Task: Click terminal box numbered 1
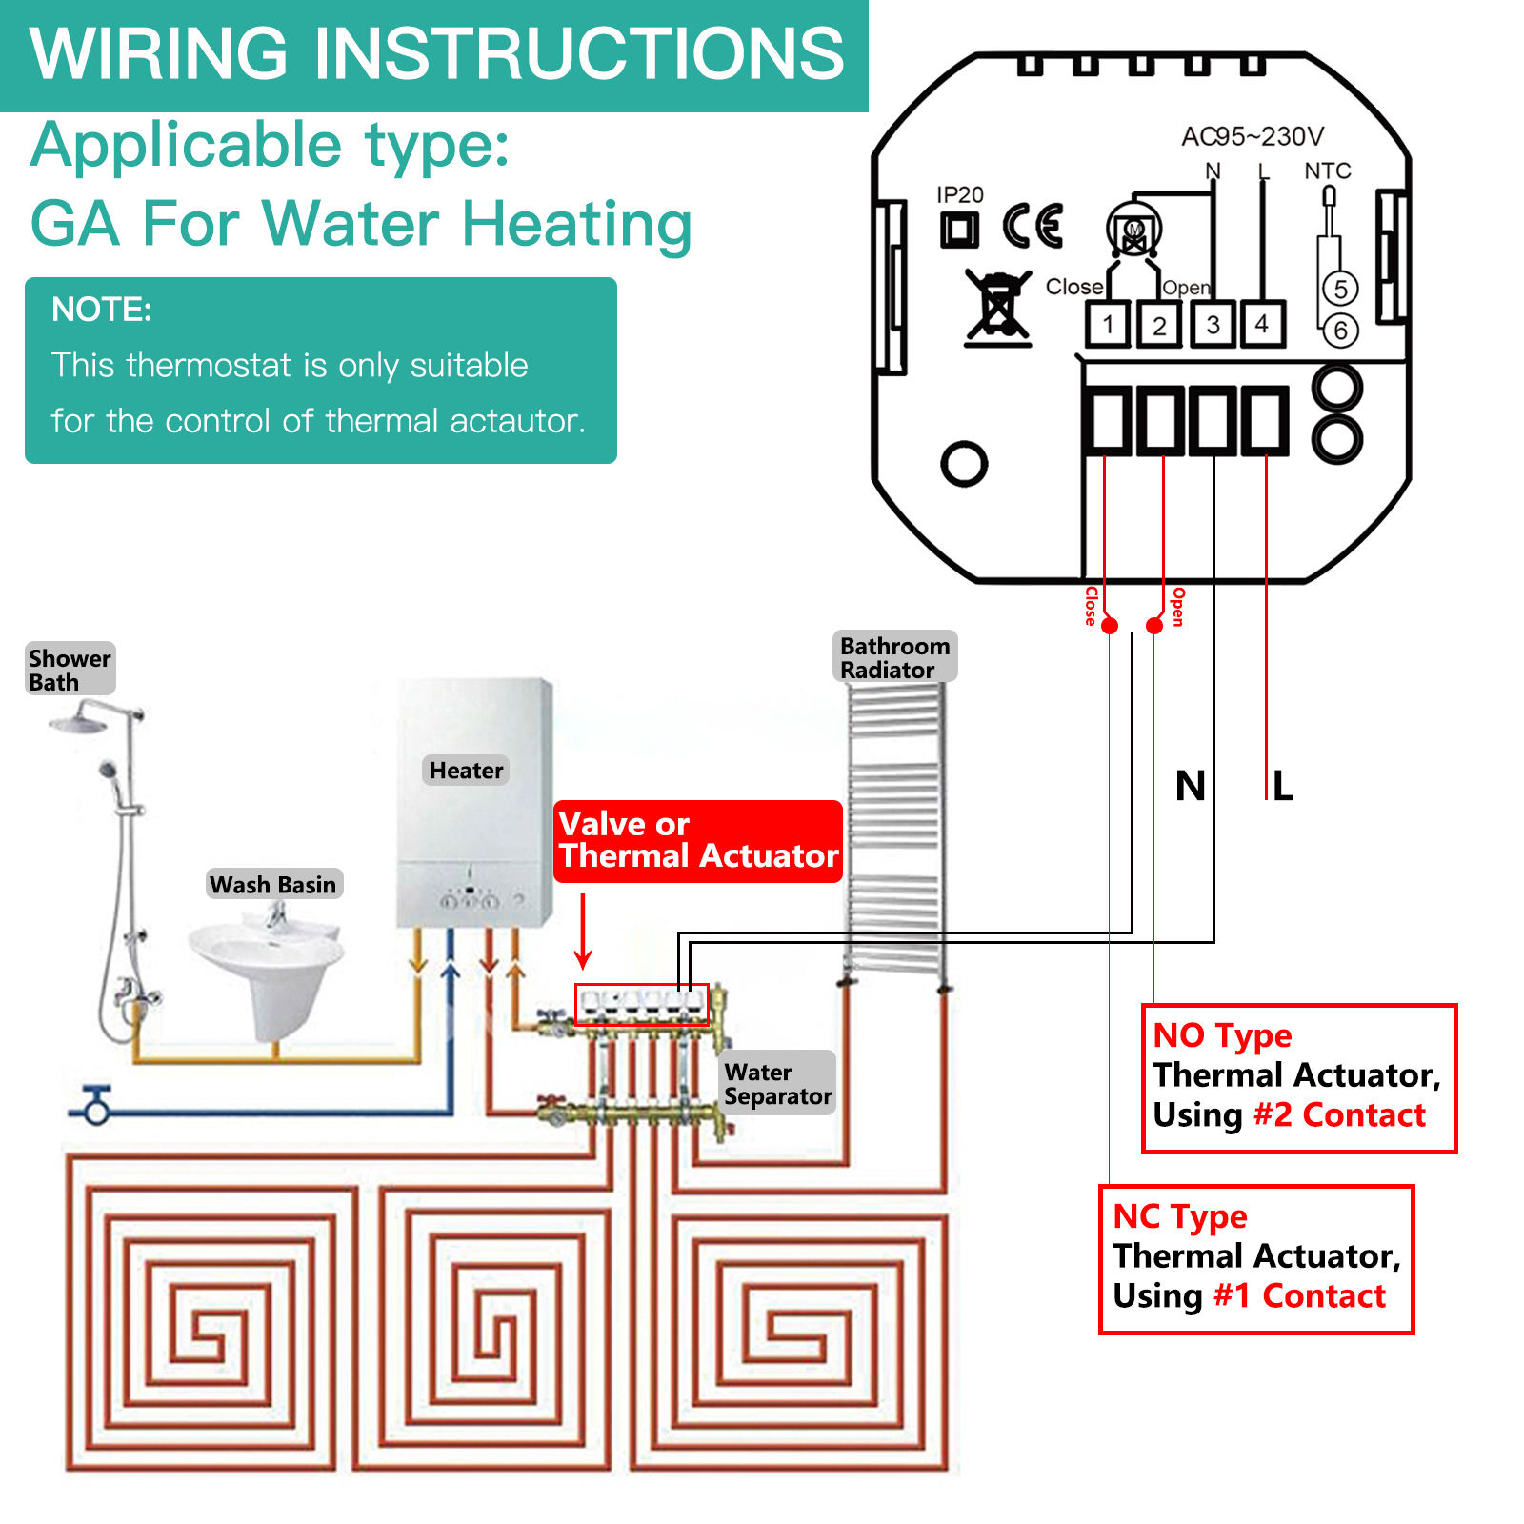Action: [1108, 325]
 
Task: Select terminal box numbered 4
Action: [1262, 325]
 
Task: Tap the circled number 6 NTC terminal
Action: [1340, 331]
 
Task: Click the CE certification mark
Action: [1033, 227]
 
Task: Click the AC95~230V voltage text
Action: [1252, 137]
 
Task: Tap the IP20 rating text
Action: [959, 195]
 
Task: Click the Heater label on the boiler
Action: [466, 770]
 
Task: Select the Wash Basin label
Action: [273, 884]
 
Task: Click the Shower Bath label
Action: [70, 670]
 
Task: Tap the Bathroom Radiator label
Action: [894, 657]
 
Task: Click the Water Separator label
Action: [777, 1084]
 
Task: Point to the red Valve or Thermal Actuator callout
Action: [698, 840]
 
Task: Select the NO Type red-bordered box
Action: [1298, 1077]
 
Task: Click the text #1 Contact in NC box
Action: [1299, 1296]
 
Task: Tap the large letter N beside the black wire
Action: [1190, 787]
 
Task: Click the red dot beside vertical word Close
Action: [1110, 626]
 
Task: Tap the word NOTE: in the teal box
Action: [102, 310]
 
